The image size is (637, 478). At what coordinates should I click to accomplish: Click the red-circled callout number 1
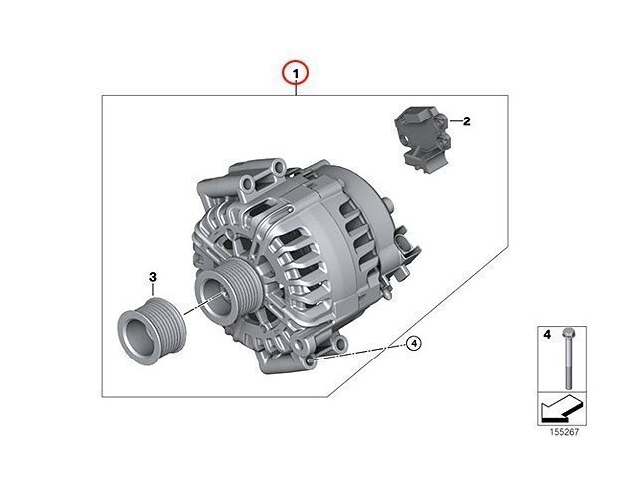click(x=296, y=73)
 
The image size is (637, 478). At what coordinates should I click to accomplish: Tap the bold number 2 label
click(x=466, y=121)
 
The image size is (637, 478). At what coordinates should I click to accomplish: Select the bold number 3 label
click(x=152, y=277)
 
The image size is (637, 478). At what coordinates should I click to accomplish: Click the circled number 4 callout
click(x=414, y=344)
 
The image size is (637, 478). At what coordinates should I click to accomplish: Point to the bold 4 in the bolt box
click(x=547, y=335)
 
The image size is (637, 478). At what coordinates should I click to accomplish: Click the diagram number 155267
click(x=564, y=432)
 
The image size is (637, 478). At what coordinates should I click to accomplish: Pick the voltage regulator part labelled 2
click(x=422, y=139)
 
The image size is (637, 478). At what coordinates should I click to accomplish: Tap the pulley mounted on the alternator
click(x=228, y=290)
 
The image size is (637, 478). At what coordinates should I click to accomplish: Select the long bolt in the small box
click(x=567, y=358)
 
